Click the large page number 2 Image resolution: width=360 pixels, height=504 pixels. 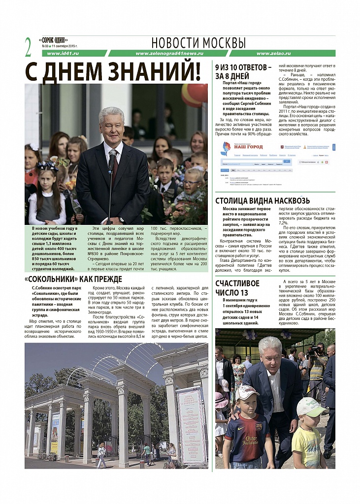(x=29, y=46)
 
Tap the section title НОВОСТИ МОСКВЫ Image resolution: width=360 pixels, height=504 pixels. (x=198, y=42)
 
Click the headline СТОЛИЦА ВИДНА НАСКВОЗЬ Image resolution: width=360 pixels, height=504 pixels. (x=262, y=200)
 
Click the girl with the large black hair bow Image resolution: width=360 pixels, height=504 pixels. (x=47, y=192)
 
